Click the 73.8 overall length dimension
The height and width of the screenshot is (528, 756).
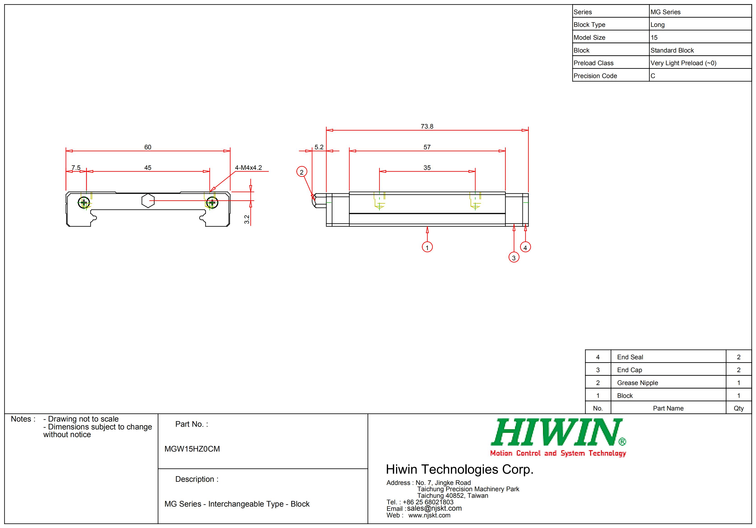[427, 126]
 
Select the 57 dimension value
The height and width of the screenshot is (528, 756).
[427, 147]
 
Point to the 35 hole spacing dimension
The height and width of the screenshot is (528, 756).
[427, 168]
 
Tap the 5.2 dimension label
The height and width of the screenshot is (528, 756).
[319, 147]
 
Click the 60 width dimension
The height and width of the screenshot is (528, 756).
[148, 147]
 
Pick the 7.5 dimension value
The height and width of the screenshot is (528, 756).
[76, 168]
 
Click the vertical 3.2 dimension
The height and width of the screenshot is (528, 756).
[247, 219]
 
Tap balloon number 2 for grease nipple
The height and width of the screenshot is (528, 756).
[301, 172]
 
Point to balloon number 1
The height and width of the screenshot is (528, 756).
[427, 247]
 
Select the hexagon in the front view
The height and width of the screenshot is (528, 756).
[148, 201]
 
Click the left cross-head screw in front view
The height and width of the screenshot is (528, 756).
[84, 203]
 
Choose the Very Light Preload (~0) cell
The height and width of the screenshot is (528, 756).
[683, 63]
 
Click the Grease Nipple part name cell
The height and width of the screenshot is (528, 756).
[638, 383]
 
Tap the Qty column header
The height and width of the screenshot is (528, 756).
[739, 408]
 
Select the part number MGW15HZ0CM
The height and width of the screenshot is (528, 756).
[192, 449]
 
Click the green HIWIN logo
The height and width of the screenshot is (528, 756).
[557, 432]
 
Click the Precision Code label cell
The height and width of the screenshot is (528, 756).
[595, 76]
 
